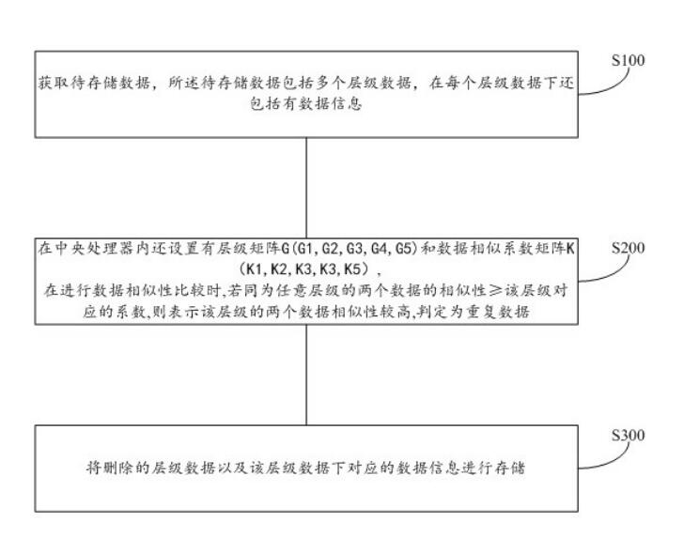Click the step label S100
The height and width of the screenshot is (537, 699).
click(627, 61)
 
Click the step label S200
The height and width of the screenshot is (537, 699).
click(627, 250)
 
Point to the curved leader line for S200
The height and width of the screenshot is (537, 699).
click(601, 272)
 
